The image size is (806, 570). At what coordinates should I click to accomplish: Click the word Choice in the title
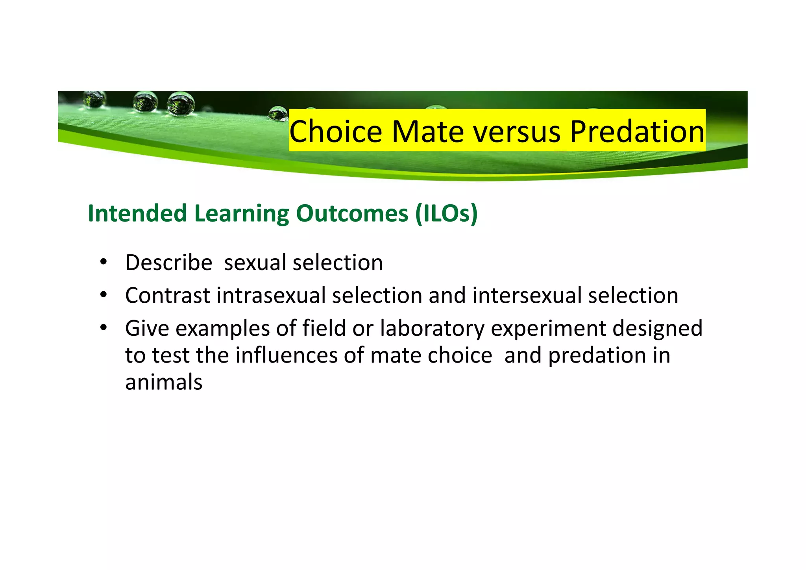click(x=335, y=131)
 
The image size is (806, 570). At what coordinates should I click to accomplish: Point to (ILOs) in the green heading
click(x=446, y=214)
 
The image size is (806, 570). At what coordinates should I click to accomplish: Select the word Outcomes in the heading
click(x=352, y=214)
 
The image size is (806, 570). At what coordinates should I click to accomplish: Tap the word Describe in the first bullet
click(x=168, y=263)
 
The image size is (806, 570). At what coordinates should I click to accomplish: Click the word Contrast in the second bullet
click(x=168, y=296)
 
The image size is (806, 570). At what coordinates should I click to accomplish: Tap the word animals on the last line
click(x=164, y=382)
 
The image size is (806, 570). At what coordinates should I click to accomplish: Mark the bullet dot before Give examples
click(x=103, y=327)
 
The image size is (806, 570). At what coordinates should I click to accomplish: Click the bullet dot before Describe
click(x=103, y=262)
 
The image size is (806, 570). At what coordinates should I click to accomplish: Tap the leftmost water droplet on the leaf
click(x=94, y=99)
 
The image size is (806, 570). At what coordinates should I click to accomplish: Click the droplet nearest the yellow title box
click(x=278, y=113)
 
